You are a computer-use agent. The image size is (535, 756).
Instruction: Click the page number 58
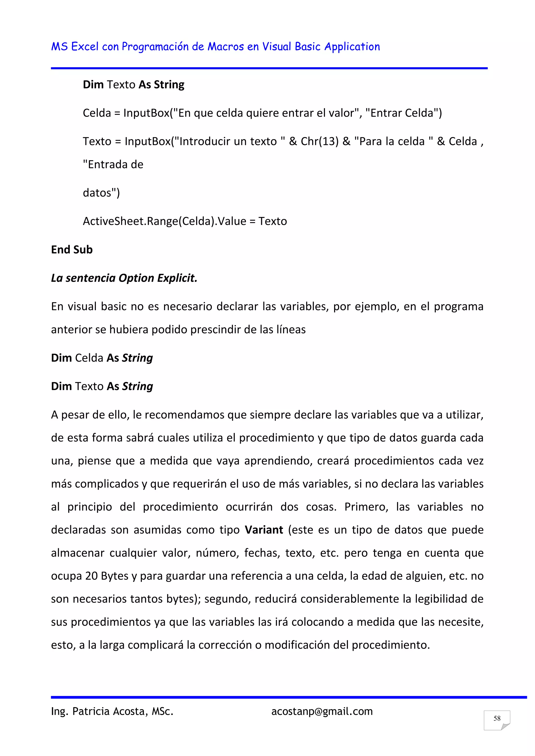point(497,718)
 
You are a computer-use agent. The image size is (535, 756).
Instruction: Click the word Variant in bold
point(264,530)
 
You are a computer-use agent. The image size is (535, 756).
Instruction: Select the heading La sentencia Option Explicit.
point(124,278)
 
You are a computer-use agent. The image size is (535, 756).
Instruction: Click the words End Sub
point(72,250)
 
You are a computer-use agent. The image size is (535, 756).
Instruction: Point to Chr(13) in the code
point(319,141)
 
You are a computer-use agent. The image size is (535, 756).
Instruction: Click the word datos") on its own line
point(101,193)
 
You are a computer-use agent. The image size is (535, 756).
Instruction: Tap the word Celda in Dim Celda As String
point(89,358)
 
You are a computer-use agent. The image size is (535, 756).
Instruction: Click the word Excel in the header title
point(85,47)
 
